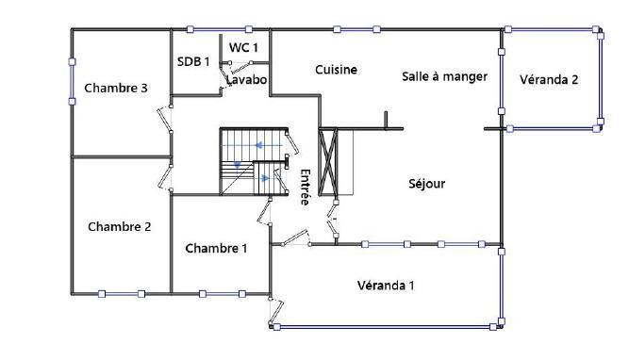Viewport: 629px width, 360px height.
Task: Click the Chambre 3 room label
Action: [x=116, y=89]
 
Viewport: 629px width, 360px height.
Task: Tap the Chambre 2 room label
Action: [x=120, y=226]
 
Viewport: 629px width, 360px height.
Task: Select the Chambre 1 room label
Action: [x=216, y=249]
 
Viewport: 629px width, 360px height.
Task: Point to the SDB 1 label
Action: [x=192, y=61]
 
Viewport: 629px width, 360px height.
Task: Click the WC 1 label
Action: [x=243, y=46]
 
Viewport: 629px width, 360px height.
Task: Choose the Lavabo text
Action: [x=247, y=80]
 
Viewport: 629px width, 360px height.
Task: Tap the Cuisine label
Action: [x=336, y=70]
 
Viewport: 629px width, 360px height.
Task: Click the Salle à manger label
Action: [x=444, y=76]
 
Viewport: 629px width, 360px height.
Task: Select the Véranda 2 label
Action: [x=549, y=79]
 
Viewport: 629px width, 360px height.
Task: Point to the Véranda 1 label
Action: [x=386, y=285]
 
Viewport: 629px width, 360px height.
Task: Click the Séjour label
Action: [x=426, y=184]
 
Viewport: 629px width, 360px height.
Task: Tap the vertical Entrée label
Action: [x=305, y=186]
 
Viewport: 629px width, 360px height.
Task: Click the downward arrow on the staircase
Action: [x=238, y=166]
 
